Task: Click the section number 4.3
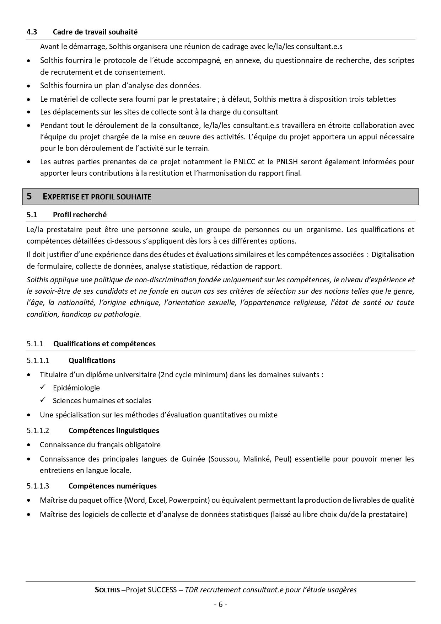coord(32,32)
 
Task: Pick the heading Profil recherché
coord(80,215)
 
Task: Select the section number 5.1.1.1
coord(38,361)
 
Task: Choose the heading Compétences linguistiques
coord(114,431)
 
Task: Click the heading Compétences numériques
coord(112,486)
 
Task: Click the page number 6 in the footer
coord(220,604)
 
